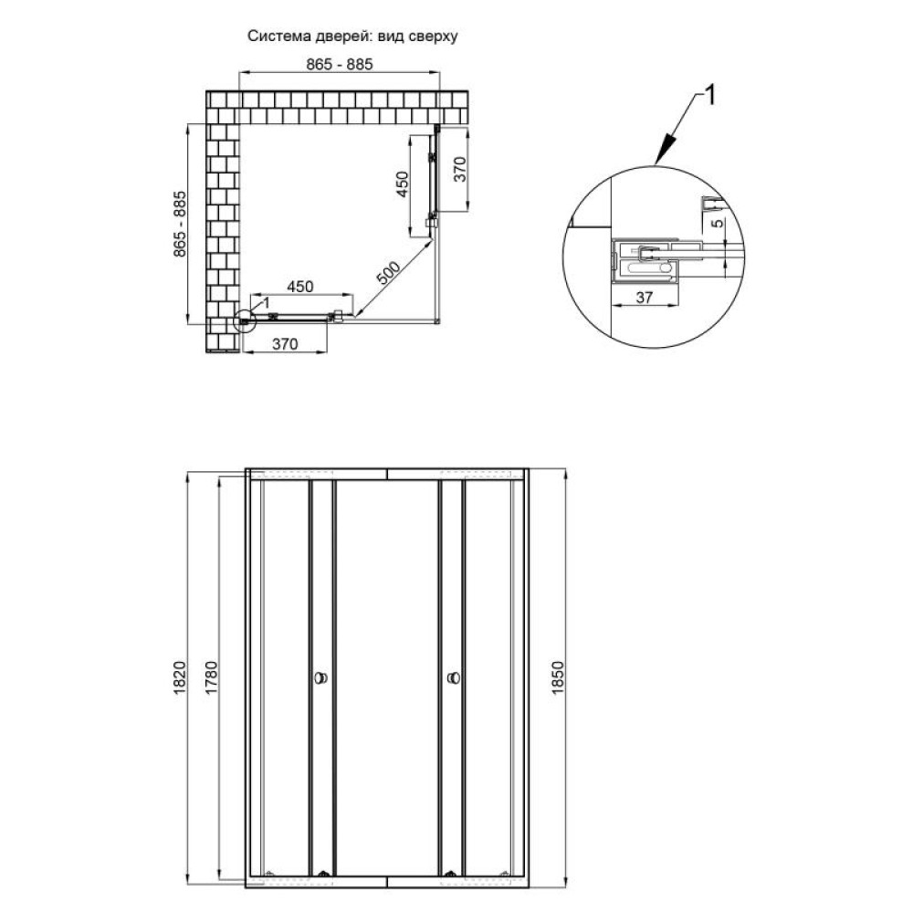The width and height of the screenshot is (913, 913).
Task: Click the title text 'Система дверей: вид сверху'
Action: [x=352, y=37]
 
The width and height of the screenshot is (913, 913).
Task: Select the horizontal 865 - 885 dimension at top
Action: [x=340, y=64]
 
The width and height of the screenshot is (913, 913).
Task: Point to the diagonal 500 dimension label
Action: [x=388, y=273]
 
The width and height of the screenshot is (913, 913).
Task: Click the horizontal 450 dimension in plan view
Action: [x=299, y=287]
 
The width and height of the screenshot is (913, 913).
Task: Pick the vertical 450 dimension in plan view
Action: [x=403, y=184]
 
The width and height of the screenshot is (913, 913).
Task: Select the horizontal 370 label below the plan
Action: [x=285, y=344]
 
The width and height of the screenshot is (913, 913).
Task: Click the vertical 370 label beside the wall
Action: [x=460, y=170]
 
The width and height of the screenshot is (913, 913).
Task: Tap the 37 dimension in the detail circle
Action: [x=644, y=298]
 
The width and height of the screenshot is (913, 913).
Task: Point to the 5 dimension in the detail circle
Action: [x=718, y=223]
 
